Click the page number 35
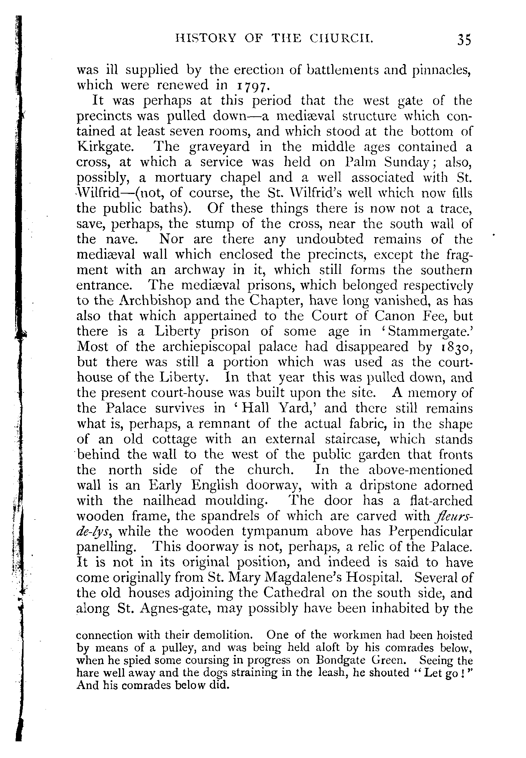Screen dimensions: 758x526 coord(464,40)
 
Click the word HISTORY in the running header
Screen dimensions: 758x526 coord(198,38)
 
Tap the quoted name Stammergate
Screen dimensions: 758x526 coord(429,331)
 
